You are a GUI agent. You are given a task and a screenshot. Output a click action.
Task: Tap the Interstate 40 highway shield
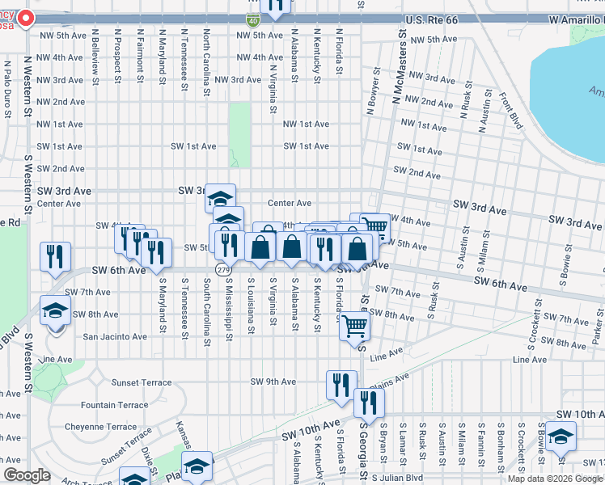coord(253,18)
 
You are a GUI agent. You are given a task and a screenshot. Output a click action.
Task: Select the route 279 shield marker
coord(221,268)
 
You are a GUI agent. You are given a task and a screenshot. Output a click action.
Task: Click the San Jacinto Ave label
coord(116,335)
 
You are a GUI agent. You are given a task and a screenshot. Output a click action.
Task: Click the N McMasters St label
coord(397,82)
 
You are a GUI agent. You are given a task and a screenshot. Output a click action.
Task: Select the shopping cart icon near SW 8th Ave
coord(353,327)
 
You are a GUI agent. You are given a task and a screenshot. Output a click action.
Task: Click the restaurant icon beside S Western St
coord(55,256)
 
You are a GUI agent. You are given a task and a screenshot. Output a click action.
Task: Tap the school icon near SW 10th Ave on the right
coord(560,436)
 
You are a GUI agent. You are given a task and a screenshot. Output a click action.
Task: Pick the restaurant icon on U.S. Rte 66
coord(276,6)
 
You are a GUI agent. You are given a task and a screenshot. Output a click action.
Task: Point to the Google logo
coord(27,475)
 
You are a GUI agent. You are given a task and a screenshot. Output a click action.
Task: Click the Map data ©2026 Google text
coord(555,479)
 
